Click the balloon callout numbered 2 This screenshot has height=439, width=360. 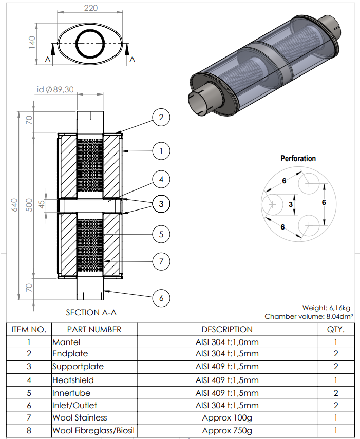tap(161, 118)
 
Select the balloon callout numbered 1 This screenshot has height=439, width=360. tap(161, 151)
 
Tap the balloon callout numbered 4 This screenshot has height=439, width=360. tap(161, 180)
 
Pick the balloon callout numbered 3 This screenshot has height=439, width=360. tap(161, 204)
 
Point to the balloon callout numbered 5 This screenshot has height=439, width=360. tap(161, 234)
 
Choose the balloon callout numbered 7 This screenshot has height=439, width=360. tap(161, 261)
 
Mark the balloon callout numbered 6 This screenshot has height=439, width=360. tap(161, 298)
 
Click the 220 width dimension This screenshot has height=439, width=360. tap(90, 8)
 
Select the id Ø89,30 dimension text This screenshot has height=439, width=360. tap(55, 89)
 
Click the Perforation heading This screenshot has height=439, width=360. tap(298, 159)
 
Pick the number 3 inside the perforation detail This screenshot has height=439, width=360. tap(291, 204)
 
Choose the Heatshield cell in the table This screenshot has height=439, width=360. tap(72, 380)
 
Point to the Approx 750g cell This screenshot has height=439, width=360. tap(227, 431)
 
